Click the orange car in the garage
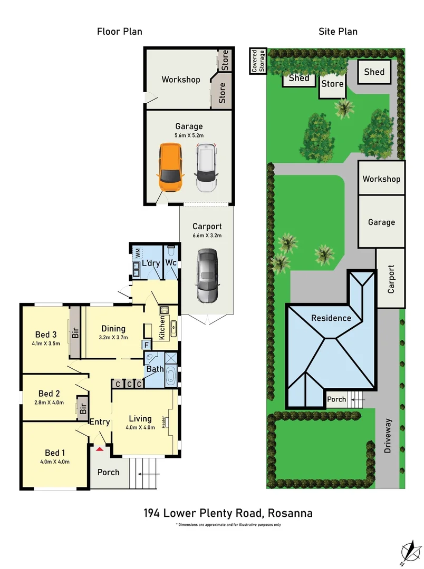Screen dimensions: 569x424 coord(170,169)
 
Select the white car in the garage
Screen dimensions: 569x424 coord(206,169)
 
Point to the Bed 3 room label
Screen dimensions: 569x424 coord(46,335)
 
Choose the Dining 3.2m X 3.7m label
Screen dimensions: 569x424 coord(113,338)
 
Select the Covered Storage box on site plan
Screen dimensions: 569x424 coord(257,61)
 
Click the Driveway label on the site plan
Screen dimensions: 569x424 coord(389,436)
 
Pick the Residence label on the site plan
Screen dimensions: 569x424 coord(331,318)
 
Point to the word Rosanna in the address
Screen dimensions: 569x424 coord(291,513)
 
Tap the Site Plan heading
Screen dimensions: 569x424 coord(338,32)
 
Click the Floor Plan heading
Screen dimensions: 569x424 coord(119,32)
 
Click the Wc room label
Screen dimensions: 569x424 coord(170,262)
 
